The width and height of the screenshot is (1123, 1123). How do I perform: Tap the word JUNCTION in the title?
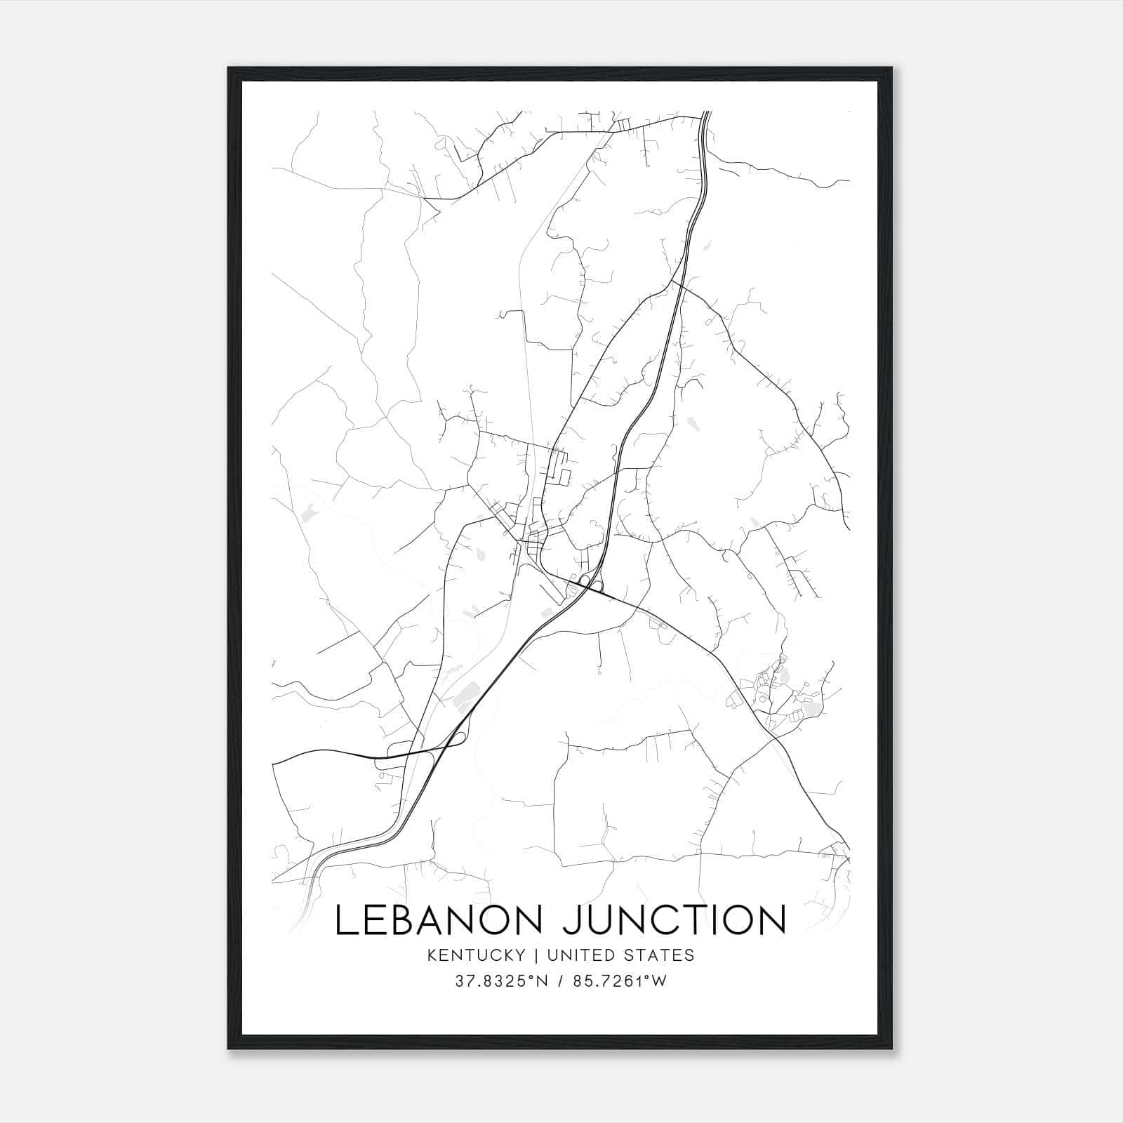(x=674, y=920)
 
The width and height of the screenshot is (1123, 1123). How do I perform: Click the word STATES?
(x=659, y=955)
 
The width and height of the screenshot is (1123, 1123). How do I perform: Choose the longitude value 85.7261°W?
(x=620, y=982)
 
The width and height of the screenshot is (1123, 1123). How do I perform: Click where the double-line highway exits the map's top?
(x=706, y=114)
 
